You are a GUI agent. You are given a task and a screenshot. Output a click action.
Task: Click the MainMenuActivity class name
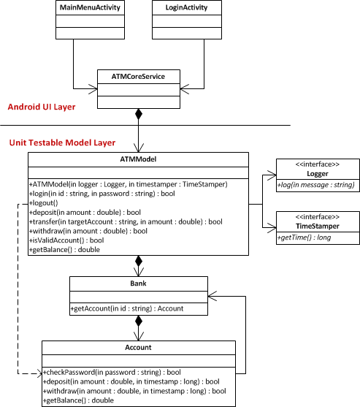click(x=90, y=7)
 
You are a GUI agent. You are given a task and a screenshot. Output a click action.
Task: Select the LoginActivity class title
click(x=186, y=7)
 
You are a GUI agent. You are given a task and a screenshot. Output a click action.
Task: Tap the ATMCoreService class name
click(x=138, y=76)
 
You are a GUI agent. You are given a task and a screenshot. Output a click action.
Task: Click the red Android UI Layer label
click(x=42, y=107)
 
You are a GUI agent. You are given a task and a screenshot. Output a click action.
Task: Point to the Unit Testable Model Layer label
click(x=62, y=142)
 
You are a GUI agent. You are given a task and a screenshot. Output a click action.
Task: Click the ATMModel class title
click(x=138, y=159)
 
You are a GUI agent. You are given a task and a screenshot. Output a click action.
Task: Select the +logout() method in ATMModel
click(x=44, y=203)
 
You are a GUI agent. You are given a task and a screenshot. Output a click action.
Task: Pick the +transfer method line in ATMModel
click(x=126, y=221)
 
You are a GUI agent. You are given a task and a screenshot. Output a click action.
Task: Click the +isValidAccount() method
click(x=66, y=240)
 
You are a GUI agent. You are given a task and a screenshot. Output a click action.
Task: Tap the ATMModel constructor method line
click(x=129, y=184)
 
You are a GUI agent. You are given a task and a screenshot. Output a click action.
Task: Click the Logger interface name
click(x=318, y=174)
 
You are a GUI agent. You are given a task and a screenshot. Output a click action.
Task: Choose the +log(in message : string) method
click(x=316, y=185)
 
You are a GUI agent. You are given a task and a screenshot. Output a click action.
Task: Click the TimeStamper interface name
click(x=318, y=226)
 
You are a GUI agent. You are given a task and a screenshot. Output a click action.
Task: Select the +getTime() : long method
click(x=304, y=237)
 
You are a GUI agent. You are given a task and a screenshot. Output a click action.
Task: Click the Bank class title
click(x=138, y=284)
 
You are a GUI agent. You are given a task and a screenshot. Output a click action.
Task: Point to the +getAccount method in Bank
click(x=127, y=308)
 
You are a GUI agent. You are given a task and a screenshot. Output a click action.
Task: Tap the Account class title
click(x=138, y=347)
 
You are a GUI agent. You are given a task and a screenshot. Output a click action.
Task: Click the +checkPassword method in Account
click(x=112, y=372)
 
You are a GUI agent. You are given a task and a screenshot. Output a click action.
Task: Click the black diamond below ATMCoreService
click(x=139, y=114)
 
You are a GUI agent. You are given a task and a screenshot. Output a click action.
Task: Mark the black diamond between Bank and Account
click(x=139, y=321)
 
